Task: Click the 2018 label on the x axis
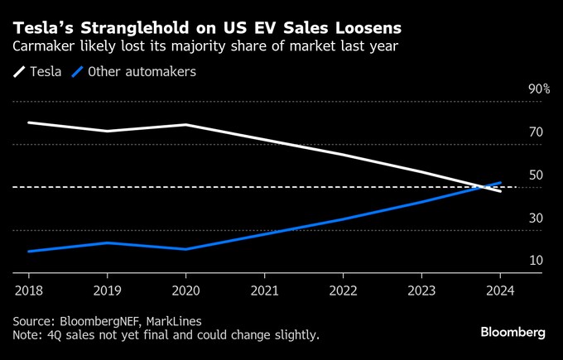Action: (x=28, y=290)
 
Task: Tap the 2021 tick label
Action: (x=264, y=290)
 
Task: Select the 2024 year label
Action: (x=499, y=290)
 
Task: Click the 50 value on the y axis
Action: (x=536, y=175)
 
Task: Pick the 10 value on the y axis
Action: (x=536, y=261)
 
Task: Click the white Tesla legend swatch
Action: (x=18, y=72)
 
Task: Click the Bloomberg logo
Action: (x=512, y=331)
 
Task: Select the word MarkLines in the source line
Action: (x=172, y=320)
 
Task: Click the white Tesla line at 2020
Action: (x=185, y=125)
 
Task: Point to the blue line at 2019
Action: (x=107, y=242)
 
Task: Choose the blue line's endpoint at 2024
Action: (x=500, y=182)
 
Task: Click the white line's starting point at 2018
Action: (x=28, y=122)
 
